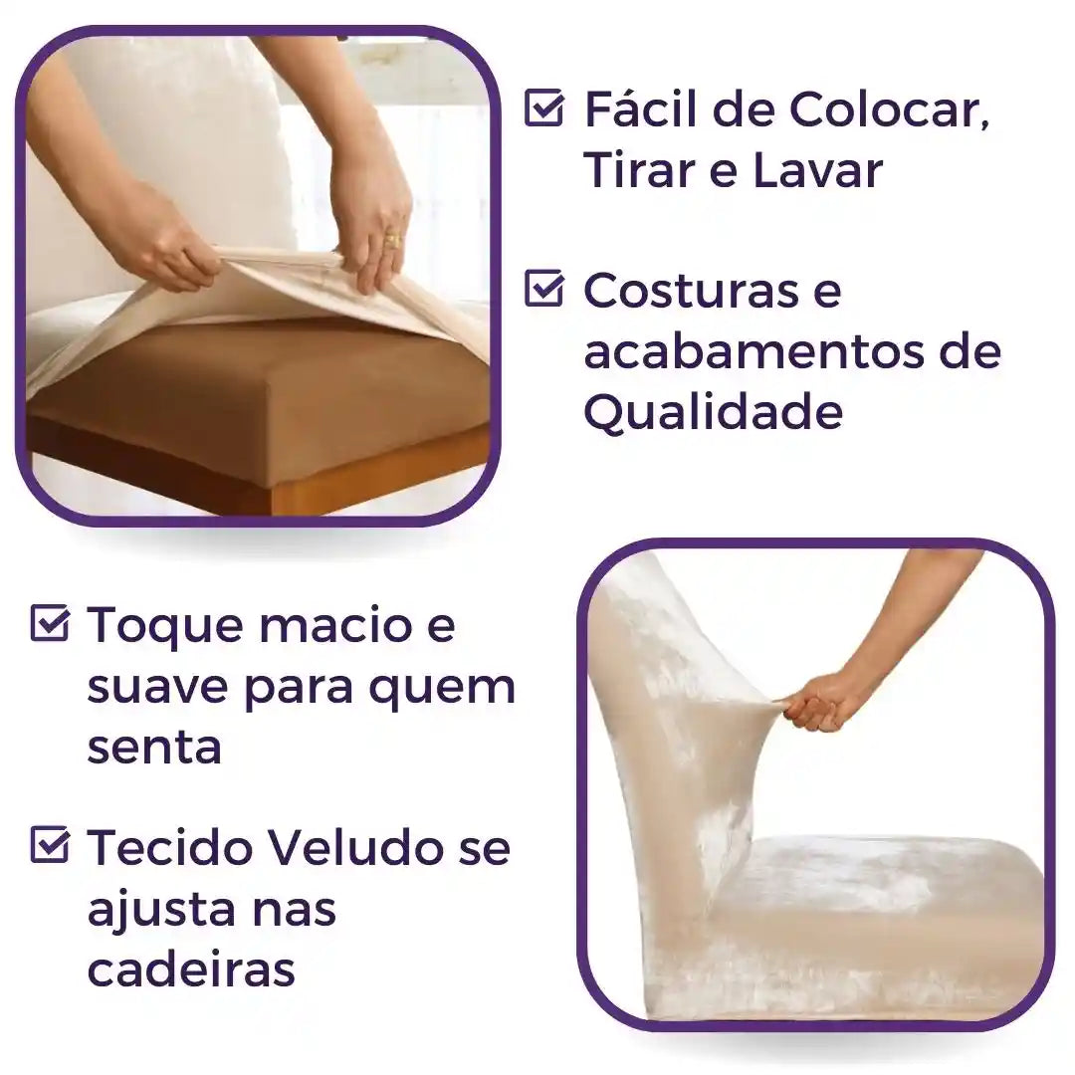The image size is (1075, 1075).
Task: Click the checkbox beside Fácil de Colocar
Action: click(x=543, y=107)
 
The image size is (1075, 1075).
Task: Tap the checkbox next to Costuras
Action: click(x=543, y=290)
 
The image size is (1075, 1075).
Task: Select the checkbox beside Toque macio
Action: click(x=50, y=624)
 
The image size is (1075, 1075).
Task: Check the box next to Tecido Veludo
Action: click(x=50, y=846)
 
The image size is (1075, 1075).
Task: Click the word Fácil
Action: click(x=636, y=108)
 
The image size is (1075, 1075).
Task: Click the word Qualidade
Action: click(x=713, y=412)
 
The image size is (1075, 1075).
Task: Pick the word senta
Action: click(x=153, y=747)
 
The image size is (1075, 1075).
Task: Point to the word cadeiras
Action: click(x=191, y=968)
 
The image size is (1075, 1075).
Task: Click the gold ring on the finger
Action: click(x=392, y=240)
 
